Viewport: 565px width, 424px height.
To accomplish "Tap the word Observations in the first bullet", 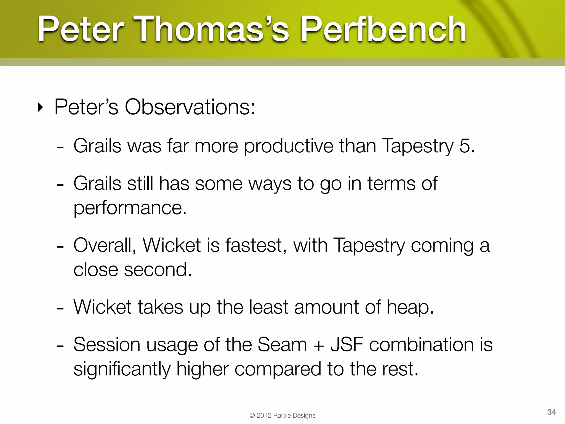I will [190, 107].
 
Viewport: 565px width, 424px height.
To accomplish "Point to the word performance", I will [130, 208].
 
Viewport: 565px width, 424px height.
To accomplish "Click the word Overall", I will [104, 245].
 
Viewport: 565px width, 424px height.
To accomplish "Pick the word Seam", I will [282, 345].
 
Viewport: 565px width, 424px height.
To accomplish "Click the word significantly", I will [122, 369].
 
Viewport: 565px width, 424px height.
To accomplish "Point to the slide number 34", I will [551, 412].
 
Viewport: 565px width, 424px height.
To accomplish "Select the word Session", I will [106, 345].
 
